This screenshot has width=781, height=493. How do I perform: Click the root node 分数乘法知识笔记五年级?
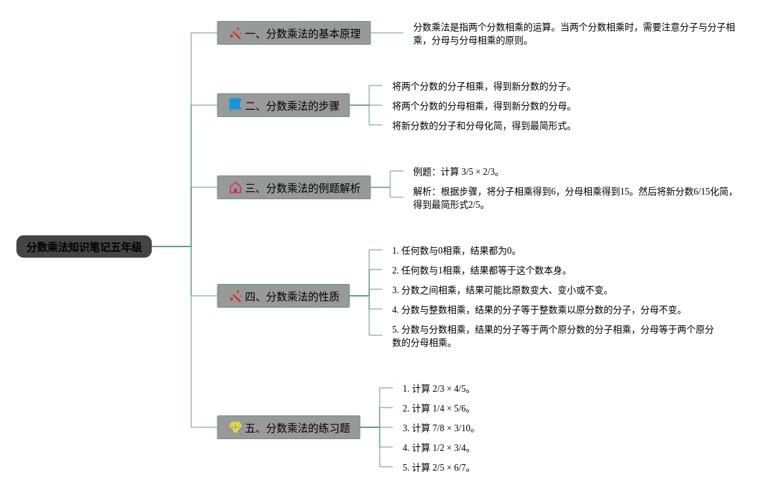[x=84, y=247]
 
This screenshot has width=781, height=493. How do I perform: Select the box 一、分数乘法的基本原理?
[x=294, y=33]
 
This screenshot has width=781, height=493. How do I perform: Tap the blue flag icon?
[x=235, y=105]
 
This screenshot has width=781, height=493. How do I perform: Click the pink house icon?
[x=235, y=188]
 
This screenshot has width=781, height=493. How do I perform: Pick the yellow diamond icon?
[x=235, y=428]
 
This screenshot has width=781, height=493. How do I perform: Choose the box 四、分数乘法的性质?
[x=283, y=296]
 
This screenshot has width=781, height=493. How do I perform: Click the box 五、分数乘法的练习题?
[x=288, y=428]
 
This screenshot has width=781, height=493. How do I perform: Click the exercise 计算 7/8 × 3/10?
[x=439, y=428]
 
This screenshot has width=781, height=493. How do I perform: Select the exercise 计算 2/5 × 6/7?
[x=437, y=467]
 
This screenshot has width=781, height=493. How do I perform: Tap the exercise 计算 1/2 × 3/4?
[x=437, y=448]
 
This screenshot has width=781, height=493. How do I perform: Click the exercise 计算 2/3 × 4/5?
[x=437, y=388]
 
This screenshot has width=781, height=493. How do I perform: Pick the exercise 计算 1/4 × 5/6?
[x=437, y=408]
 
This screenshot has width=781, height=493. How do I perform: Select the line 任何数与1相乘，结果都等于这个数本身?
[x=480, y=270]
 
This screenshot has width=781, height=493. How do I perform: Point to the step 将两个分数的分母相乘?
[x=482, y=106]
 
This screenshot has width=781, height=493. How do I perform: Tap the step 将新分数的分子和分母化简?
[x=482, y=126]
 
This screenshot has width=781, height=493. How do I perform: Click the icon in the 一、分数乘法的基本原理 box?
[x=235, y=33]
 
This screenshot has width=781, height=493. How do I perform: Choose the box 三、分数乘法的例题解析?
[x=294, y=188]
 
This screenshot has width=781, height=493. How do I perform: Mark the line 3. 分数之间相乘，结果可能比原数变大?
[x=501, y=290]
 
